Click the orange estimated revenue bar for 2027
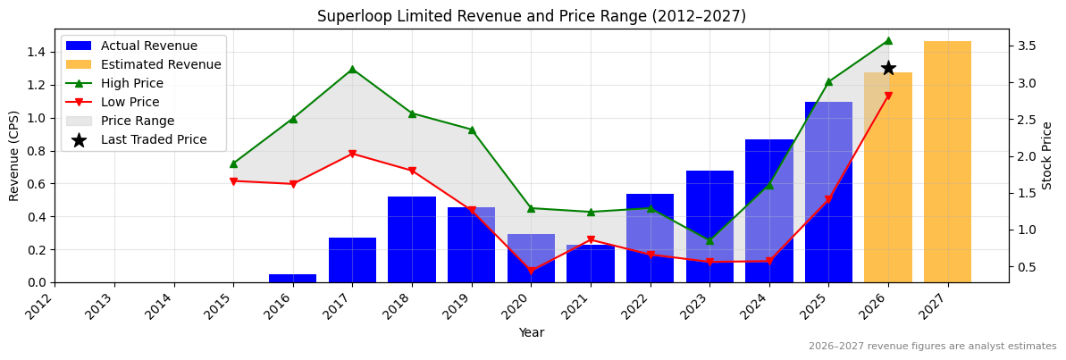click(947, 162)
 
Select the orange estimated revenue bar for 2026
click(887, 178)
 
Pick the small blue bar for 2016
click(292, 278)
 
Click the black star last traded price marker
click(888, 68)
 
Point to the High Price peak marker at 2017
click(352, 69)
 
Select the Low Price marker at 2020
click(531, 271)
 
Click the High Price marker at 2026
click(887, 40)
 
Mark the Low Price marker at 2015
click(233, 181)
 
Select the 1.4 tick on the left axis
click(35, 52)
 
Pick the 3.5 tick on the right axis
click(1025, 46)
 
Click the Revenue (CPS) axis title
click(14, 155)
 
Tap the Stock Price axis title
click(1047, 155)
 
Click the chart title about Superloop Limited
click(532, 16)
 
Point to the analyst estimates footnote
click(932, 347)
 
